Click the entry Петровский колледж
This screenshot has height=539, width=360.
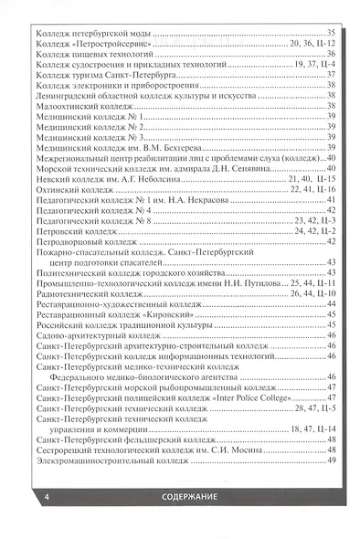point(72,231)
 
